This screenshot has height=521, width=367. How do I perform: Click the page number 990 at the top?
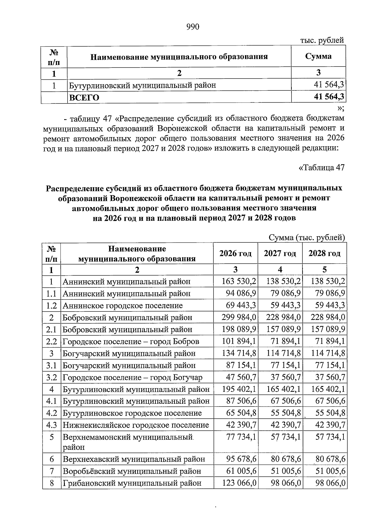(193, 27)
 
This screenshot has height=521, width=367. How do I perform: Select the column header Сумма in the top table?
(318, 56)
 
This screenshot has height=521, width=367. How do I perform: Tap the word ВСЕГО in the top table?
(84, 98)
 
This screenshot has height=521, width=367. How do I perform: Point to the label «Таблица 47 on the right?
(321, 168)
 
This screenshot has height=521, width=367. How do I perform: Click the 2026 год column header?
(235, 253)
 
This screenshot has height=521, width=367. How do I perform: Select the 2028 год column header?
(324, 253)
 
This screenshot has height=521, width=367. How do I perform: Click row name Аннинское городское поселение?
(123, 305)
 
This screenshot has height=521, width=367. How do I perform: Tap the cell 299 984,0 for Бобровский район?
(239, 317)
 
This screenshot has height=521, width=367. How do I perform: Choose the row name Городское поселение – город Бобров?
(131, 341)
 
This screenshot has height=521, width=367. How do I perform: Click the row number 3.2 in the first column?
(52, 377)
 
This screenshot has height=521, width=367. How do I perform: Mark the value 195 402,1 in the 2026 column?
(239, 389)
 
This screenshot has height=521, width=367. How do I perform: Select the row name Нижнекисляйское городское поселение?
(136, 425)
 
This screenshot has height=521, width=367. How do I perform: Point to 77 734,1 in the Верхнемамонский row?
(241, 437)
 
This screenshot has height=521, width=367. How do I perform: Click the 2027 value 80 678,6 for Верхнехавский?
(285, 459)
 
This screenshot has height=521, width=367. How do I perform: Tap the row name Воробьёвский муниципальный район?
(132, 471)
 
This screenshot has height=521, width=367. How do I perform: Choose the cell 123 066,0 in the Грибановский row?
(239, 483)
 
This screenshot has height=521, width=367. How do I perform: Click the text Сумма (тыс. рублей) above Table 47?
(307, 238)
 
